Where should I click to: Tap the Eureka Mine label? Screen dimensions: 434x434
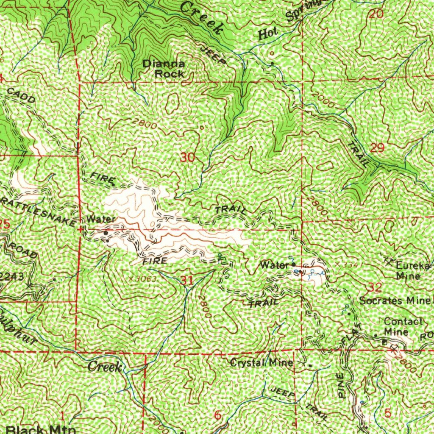point(412,271)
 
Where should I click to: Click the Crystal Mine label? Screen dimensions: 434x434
point(261,363)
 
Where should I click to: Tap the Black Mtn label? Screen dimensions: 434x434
point(38,430)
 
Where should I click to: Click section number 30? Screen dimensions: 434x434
point(187,158)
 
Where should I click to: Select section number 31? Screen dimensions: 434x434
point(187,280)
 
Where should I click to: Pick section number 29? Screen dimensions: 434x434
point(377,148)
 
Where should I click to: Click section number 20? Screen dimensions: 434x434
point(376,14)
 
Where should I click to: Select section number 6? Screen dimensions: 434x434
point(217,415)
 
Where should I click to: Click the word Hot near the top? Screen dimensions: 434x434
point(268,35)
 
